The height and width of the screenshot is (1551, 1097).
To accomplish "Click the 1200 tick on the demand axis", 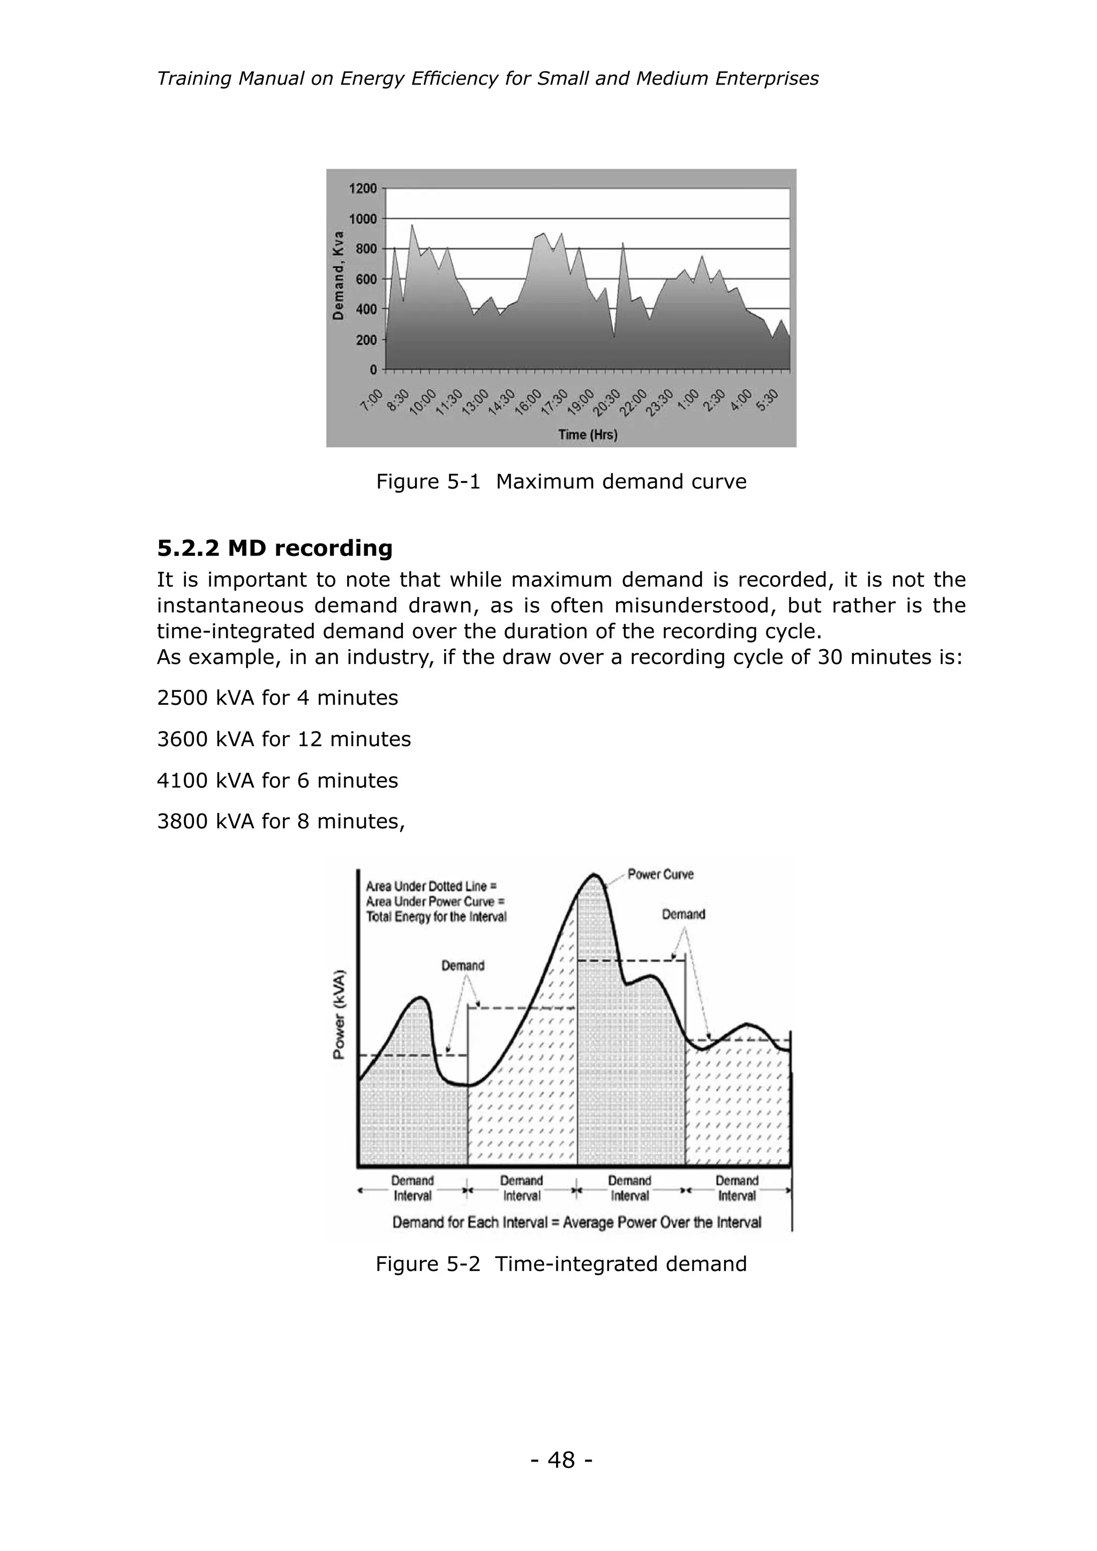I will click(363, 189).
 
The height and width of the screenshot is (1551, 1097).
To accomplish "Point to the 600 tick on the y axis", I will click(365, 279).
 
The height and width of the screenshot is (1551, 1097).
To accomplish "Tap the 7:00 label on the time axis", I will click(372, 400).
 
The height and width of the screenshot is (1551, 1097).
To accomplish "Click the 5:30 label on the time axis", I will click(768, 400).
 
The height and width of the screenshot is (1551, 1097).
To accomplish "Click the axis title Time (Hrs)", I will click(588, 434).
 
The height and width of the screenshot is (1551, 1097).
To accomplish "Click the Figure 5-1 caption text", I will click(561, 481).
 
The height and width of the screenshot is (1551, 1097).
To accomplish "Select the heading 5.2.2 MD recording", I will click(274, 548).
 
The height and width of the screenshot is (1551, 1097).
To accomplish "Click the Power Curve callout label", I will click(660, 874).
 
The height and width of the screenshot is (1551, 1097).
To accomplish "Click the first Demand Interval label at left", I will click(412, 1188).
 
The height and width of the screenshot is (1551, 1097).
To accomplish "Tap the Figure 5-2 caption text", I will click(561, 1264).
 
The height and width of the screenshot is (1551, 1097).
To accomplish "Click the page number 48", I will click(561, 1460).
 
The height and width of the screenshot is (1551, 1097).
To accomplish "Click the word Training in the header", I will click(194, 79).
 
